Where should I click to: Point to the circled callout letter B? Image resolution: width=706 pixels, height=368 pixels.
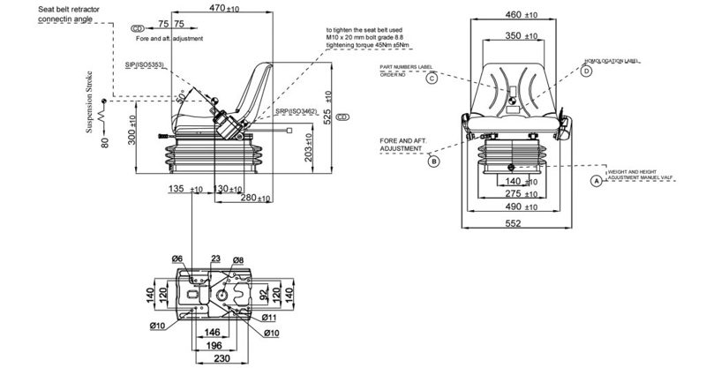(x=433, y=161)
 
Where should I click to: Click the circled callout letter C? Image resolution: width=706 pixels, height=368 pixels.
(x=432, y=78)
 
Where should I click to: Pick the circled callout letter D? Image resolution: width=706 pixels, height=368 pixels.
(x=586, y=71)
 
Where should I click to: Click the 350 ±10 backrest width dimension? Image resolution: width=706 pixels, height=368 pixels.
(x=519, y=36)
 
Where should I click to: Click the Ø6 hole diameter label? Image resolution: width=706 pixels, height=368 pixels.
(x=177, y=259)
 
